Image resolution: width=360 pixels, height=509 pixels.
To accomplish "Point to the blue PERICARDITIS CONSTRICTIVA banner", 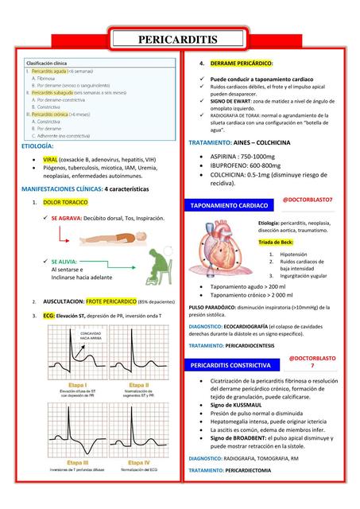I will pyautogui.click(x=231, y=365).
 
